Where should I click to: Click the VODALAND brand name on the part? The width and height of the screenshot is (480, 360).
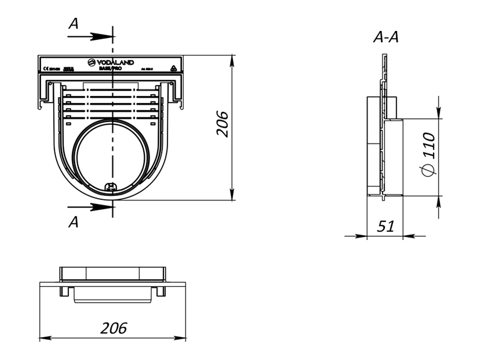(115, 62)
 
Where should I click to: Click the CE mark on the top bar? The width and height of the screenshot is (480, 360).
(45, 68)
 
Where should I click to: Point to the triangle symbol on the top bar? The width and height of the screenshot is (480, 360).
(173, 68)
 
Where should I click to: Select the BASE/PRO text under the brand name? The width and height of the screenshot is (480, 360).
(111, 68)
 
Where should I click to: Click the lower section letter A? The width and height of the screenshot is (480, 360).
(73, 223)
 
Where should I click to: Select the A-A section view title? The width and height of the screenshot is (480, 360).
(386, 37)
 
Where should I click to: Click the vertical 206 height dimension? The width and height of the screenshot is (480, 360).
(222, 124)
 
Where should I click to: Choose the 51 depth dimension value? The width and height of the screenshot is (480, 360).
(385, 226)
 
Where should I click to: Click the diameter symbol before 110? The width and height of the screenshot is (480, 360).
(427, 171)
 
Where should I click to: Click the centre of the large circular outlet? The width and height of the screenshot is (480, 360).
(112, 157)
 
